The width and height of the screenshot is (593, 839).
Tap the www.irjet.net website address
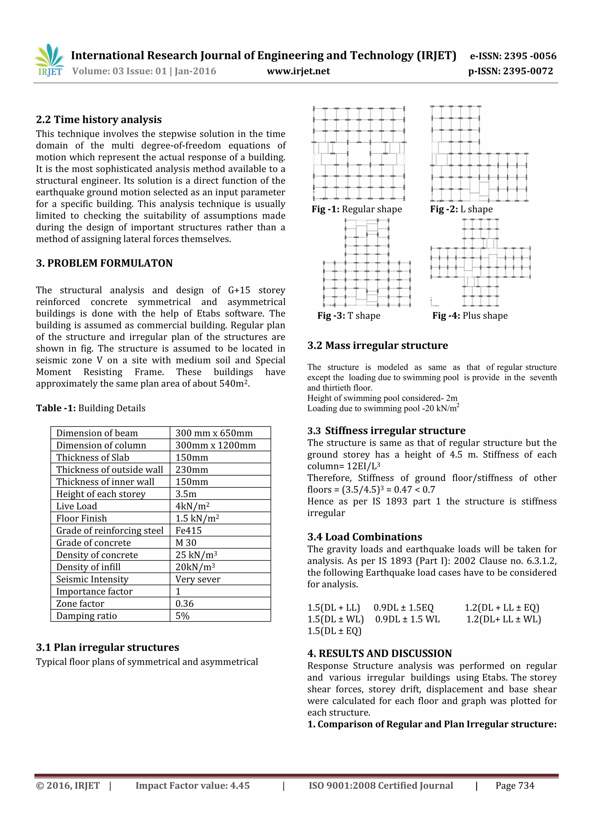click(298, 71)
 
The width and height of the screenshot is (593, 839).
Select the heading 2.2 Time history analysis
click(99, 120)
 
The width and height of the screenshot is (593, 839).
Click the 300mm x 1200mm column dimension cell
click(215, 445)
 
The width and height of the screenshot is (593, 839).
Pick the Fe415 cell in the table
click(188, 530)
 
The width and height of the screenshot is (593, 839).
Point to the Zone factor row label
click(80, 603)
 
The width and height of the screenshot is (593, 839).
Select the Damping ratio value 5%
click(182, 616)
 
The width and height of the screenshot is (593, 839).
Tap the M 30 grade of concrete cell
click(186, 543)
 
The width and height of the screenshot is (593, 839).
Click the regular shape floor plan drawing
click(359, 153)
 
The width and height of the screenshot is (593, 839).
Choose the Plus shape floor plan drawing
click(480, 262)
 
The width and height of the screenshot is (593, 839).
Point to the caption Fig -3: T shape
click(349, 315)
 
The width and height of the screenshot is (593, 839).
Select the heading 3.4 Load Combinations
click(364, 537)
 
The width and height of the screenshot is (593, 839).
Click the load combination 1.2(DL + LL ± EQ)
click(502, 607)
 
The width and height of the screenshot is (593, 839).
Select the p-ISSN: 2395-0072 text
click(510, 71)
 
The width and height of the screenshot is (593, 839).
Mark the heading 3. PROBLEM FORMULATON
click(104, 263)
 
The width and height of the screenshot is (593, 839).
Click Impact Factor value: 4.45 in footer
click(193, 786)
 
